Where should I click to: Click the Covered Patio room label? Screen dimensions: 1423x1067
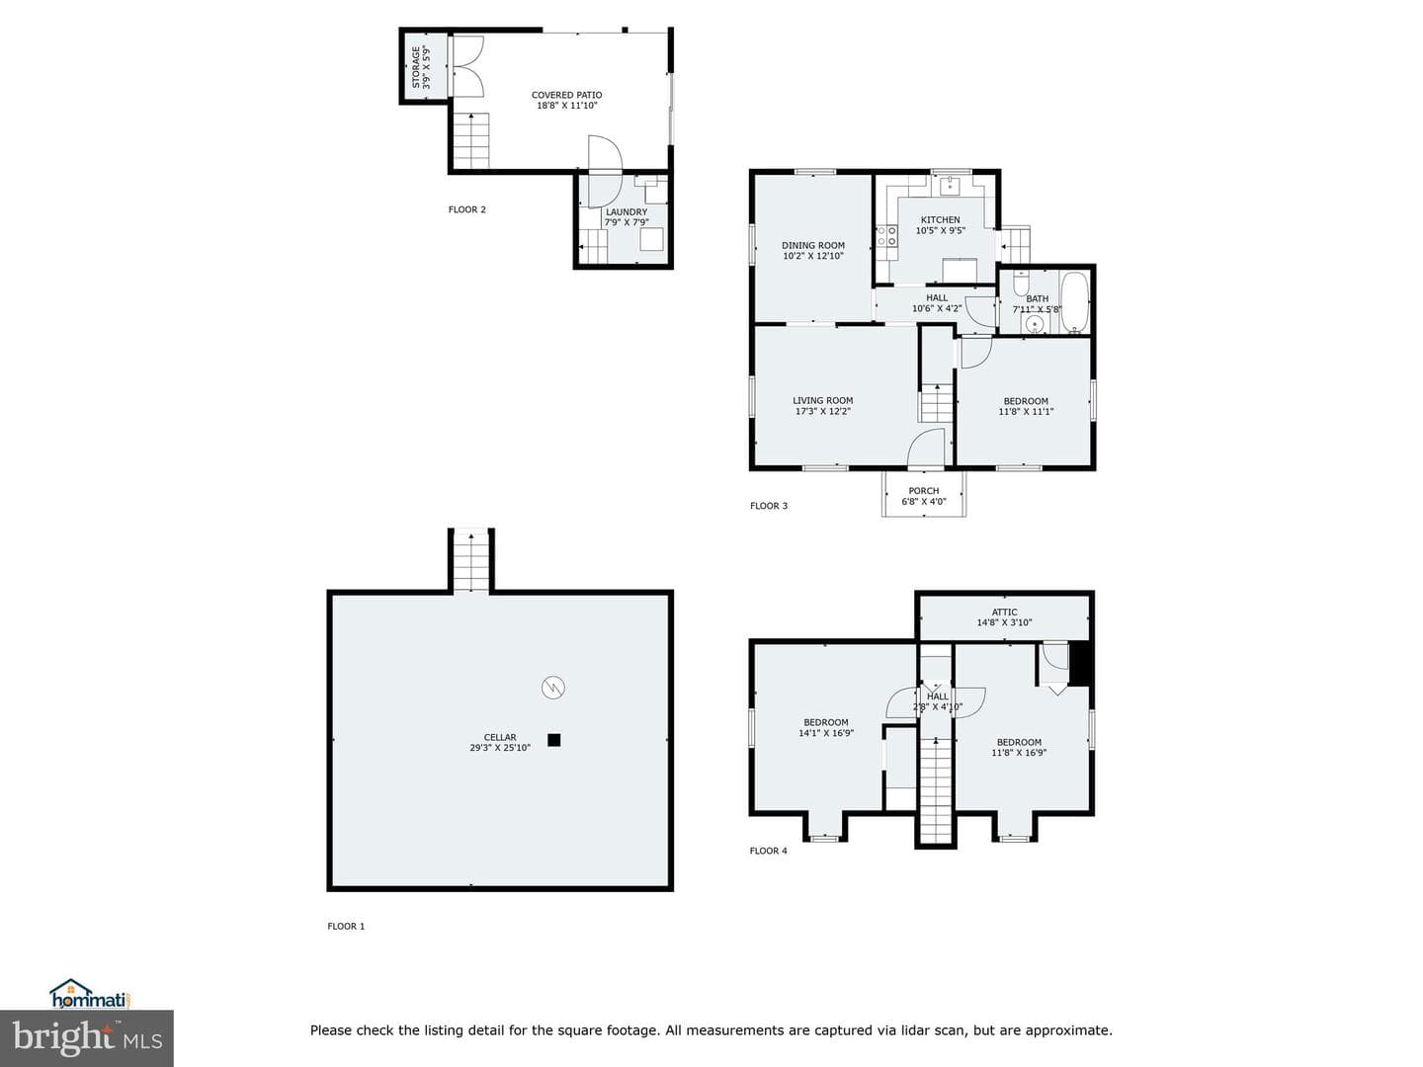566,95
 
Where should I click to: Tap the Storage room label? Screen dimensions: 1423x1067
416,67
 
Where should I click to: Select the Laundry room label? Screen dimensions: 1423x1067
627,211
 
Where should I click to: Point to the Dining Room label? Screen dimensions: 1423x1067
813,246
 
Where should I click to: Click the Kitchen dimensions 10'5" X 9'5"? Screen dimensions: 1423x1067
940,230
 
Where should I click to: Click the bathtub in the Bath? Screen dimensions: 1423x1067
1074,302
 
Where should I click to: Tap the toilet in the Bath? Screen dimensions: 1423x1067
1021,283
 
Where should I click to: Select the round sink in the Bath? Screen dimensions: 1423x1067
1034,323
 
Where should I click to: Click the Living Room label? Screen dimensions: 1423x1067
823,400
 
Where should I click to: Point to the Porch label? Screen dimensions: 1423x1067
924,491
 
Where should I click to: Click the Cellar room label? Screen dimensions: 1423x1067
500,737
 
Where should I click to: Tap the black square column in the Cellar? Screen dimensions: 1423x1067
553,740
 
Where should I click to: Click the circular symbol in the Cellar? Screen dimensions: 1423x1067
553,688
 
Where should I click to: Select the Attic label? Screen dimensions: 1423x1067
1004,613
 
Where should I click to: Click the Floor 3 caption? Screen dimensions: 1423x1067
768,506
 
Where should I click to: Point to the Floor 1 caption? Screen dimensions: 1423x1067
346,927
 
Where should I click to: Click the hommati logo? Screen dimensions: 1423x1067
89,994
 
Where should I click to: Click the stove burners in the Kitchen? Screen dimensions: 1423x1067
886,236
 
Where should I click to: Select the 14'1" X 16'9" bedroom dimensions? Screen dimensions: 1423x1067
826,733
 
